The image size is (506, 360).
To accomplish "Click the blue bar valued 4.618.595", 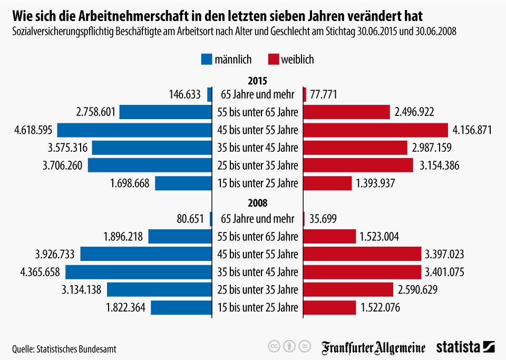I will pyautogui.click(x=134, y=130).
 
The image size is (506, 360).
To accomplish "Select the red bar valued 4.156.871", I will pyautogui.click(x=376, y=130).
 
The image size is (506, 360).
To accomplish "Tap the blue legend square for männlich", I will pyautogui.click(x=206, y=60).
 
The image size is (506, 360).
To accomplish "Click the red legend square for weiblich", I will pyautogui.click(x=273, y=60).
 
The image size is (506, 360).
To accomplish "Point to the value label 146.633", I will pyautogui.click(x=184, y=95).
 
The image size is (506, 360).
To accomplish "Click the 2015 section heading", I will pyautogui.click(x=258, y=81).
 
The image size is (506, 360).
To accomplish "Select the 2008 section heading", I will pyautogui.click(x=258, y=203).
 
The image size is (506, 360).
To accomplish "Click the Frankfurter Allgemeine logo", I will pyautogui.click(x=374, y=347).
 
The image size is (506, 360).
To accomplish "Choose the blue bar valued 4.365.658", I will pyautogui.click(x=139, y=272).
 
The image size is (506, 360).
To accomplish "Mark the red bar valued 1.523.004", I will pyautogui.click(x=329, y=237).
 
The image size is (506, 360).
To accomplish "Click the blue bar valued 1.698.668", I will pyautogui.click(x=183, y=183).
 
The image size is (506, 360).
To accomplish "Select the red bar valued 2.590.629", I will pyautogui.click(x=348, y=290).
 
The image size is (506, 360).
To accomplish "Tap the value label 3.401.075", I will pyautogui.click(x=444, y=272).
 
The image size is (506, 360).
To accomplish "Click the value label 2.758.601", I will pyautogui.click(x=95, y=112).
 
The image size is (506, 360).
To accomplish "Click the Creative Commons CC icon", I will pyautogui.click(x=274, y=346).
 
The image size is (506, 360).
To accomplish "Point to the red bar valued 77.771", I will pyautogui.click(x=305, y=95).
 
